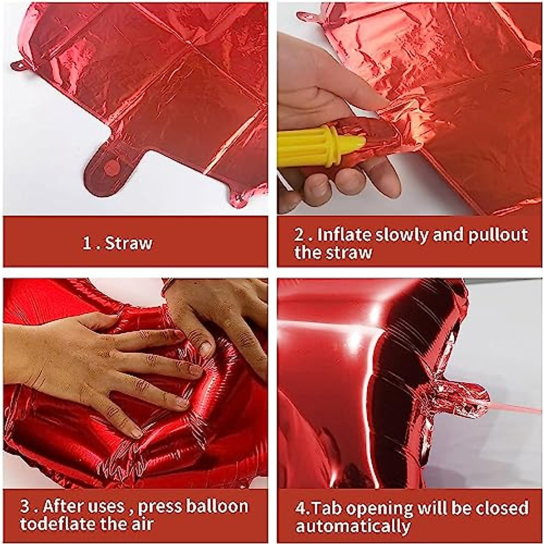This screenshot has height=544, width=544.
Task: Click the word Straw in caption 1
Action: click(x=129, y=243)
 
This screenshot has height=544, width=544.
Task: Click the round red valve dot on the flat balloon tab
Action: click(x=112, y=168)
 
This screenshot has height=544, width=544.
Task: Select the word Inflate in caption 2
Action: click(x=344, y=235)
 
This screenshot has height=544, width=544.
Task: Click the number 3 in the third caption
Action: click(x=25, y=506)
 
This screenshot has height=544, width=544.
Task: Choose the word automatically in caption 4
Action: click(x=353, y=526)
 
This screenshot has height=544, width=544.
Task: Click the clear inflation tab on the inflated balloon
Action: click(x=458, y=399)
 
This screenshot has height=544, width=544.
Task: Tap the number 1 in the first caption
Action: click(x=87, y=243)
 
